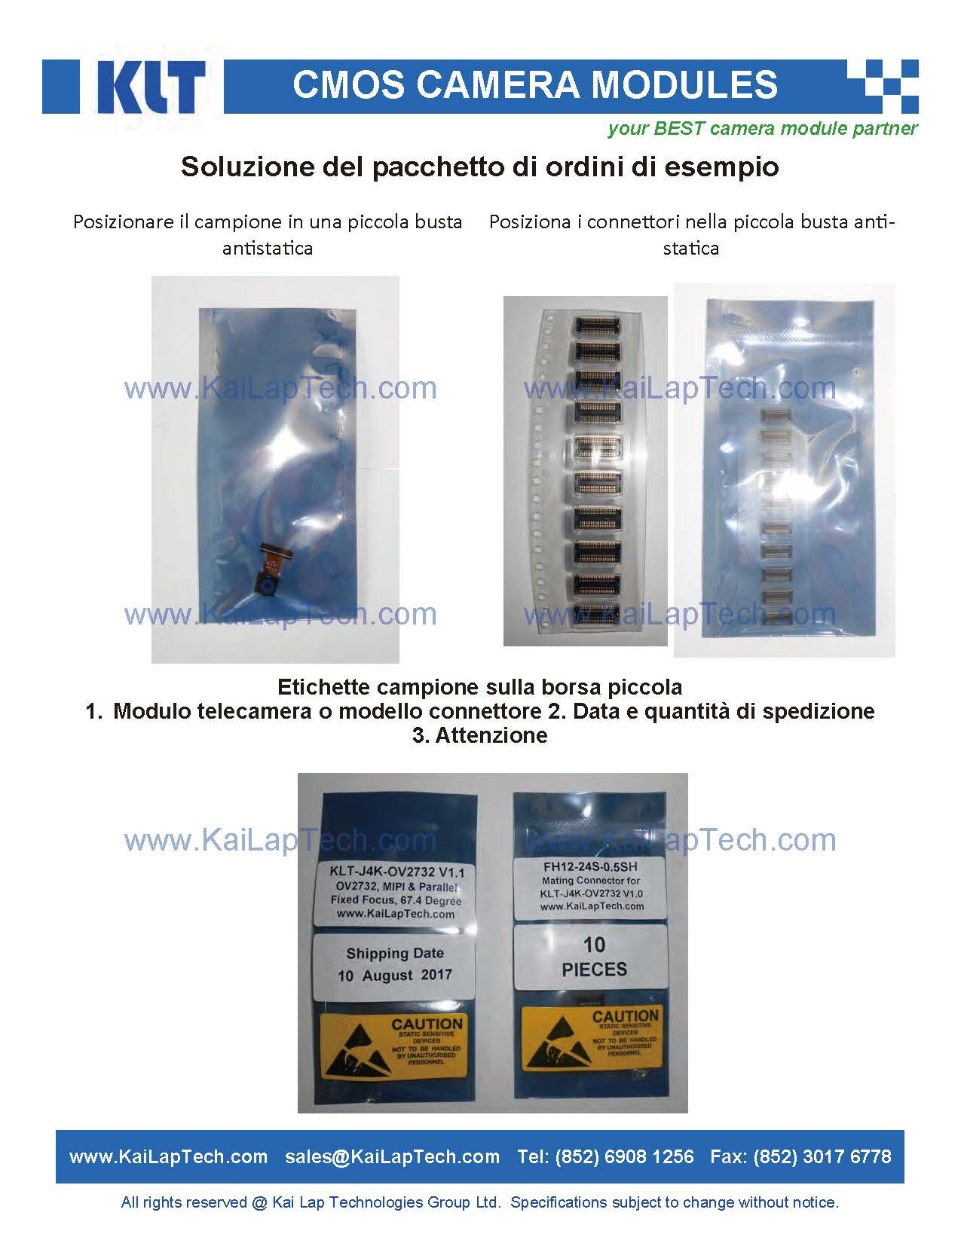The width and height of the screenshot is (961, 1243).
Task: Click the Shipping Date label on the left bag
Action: pyautogui.click(x=394, y=965)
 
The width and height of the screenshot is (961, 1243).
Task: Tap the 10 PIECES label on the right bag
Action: pyautogui.click(x=594, y=957)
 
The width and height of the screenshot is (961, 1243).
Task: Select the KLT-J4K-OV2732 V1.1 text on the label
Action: pyautogui.click(x=397, y=872)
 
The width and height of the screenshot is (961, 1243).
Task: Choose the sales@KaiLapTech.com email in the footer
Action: pyautogui.click(x=392, y=1156)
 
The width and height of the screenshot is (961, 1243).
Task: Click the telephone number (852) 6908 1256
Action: pyautogui.click(x=624, y=1156)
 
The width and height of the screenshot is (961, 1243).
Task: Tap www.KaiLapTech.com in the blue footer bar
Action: pyautogui.click(x=168, y=1156)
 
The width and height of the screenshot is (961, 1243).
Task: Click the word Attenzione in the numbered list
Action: pyautogui.click(x=491, y=736)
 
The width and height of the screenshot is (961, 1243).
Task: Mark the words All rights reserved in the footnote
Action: pyautogui.click(x=183, y=1203)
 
